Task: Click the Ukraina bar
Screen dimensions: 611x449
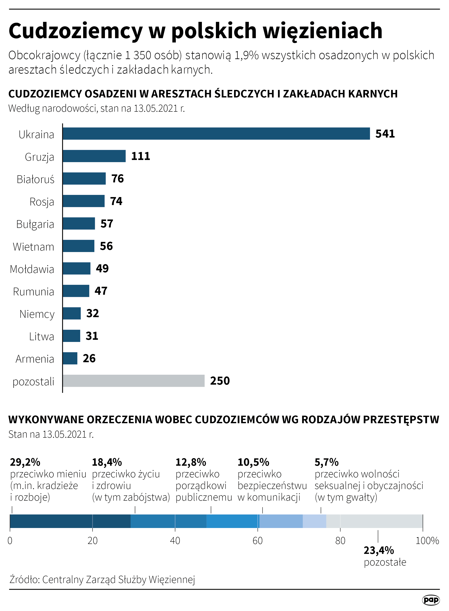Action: click(216, 133)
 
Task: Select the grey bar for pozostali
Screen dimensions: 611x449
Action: click(133, 381)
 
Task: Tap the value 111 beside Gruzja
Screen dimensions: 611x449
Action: click(140, 156)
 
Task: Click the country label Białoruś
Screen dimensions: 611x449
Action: click(35, 179)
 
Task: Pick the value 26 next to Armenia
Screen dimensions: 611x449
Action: click(89, 358)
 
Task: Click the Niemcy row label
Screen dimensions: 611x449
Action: click(37, 314)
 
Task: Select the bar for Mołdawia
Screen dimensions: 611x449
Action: click(76, 268)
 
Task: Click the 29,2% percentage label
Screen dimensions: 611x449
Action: click(25, 462)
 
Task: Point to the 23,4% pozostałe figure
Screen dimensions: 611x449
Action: click(379, 550)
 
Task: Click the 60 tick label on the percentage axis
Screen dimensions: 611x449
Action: click(257, 540)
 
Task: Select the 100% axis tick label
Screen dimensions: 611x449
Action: click(427, 540)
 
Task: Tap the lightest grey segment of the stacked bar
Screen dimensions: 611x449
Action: click(374, 521)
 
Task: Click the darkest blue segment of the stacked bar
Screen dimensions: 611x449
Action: click(70, 521)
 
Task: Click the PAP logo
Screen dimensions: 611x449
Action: click(431, 600)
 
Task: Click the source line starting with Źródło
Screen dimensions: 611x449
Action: click(102, 580)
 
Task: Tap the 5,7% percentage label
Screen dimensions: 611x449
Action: click(326, 462)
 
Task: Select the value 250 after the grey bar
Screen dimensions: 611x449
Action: click(220, 381)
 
